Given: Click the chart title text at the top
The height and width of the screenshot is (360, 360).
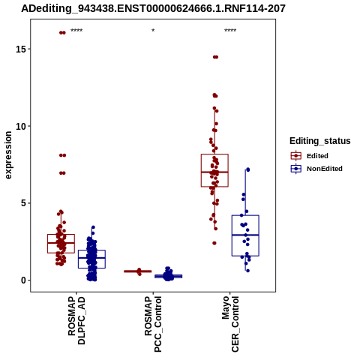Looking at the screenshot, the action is (x=153, y=9).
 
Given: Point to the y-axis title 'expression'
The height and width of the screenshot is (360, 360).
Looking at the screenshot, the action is (x=8, y=155).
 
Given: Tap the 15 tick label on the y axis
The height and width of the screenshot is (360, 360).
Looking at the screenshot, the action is (x=21, y=49).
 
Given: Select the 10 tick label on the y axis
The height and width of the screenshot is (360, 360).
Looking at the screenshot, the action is (x=21, y=126).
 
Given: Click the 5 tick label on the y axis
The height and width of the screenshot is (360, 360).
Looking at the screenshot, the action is (x=23, y=203).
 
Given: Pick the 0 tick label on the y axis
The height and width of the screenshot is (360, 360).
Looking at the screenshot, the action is (x=23, y=280).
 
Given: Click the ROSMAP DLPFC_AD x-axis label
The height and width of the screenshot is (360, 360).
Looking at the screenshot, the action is (x=76, y=320).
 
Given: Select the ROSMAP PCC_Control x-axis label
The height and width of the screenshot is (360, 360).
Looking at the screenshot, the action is (x=153, y=324).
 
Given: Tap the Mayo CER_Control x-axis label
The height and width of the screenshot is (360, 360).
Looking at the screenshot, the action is (x=230, y=324).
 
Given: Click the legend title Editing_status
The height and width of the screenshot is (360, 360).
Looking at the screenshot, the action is (x=320, y=141).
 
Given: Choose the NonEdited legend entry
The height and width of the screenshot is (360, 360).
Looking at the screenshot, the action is (x=316, y=169).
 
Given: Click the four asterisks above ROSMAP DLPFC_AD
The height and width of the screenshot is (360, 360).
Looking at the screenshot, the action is (x=76, y=31).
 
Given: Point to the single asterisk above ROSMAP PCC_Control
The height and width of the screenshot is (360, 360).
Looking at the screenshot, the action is (x=153, y=31).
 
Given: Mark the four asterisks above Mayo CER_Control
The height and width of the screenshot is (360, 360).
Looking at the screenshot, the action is (x=230, y=31).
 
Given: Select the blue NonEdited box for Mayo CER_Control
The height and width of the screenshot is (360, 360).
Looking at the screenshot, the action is (x=245, y=235).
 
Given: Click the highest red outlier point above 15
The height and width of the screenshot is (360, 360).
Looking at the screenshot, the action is (x=62, y=32).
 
